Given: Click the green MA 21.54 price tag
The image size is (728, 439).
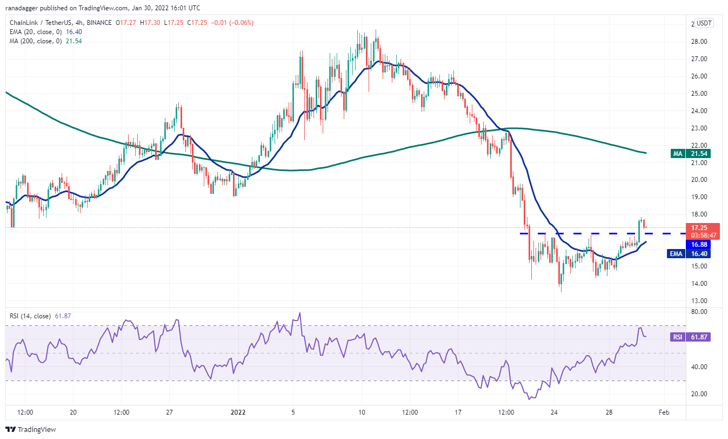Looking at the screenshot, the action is (x=691, y=153).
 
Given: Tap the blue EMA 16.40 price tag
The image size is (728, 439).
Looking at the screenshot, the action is (x=689, y=253).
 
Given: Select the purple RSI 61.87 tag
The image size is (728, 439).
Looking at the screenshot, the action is (x=690, y=337).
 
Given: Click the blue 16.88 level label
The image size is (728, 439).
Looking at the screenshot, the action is (x=699, y=244).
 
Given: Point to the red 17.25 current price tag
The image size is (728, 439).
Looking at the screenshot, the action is (x=699, y=227).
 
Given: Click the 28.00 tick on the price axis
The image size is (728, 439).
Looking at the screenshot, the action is (x=699, y=41).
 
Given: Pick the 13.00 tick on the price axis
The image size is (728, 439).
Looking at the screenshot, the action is (x=699, y=300).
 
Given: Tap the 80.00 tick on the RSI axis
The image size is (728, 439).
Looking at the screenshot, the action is (x=699, y=311).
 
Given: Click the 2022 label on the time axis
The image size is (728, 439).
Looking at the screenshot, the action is (x=238, y=412).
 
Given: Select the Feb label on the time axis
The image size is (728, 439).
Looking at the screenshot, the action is (x=664, y=412).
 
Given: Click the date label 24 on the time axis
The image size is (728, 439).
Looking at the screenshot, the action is (x=554, y=412).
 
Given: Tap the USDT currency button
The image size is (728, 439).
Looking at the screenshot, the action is (x=704, y=23).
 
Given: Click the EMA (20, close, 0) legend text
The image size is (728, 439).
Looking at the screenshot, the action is (x=36, y=32).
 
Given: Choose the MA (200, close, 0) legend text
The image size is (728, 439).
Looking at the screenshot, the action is (x=36, y=41).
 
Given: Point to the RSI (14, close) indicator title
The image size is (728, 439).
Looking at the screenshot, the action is (x=30, y=316).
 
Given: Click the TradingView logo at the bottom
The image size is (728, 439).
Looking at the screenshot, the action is (x=31, y=429).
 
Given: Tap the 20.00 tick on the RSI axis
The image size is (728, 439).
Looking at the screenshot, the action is (x=699, y=394).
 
